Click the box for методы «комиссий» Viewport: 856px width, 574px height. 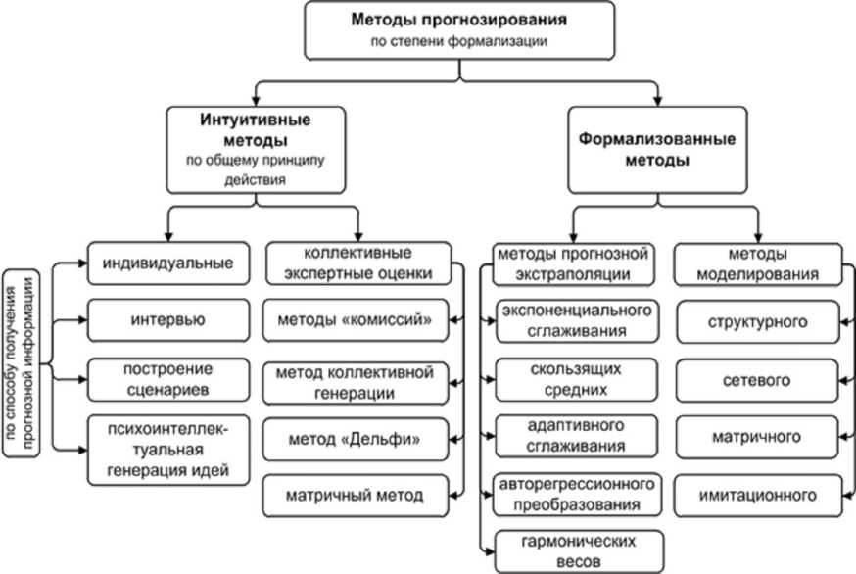(361, 320)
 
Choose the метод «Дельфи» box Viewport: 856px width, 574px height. (361, 440)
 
